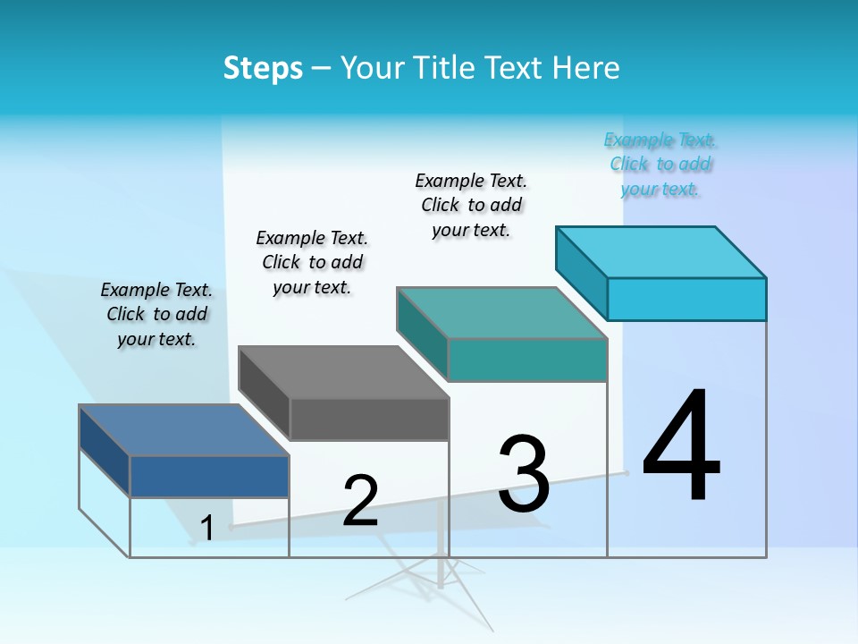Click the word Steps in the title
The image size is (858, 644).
263,68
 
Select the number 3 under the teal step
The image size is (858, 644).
524,475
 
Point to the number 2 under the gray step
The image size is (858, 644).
361,501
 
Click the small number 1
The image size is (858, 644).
207,529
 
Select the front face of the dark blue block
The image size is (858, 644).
209,476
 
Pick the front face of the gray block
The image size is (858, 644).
369,419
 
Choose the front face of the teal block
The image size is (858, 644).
527,360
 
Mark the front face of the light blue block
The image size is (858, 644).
686,299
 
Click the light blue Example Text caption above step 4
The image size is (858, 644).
660,164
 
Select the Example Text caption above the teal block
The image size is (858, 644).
471,205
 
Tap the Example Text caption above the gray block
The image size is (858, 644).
312,262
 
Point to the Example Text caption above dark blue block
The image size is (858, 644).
156,314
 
